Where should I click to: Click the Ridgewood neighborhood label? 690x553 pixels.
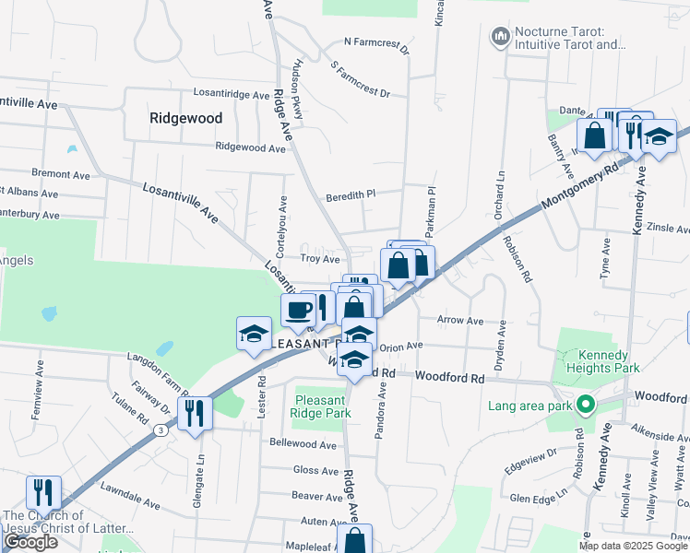[x=185, y=118]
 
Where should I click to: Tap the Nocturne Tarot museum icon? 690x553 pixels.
[x=501, y=36]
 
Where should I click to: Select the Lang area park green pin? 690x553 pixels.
[x=584, y=405]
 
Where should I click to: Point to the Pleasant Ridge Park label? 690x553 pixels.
[x=323, y=406]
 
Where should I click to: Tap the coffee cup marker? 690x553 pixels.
[x=298, y=311]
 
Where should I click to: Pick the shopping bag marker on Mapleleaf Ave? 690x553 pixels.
[x=355, y=540]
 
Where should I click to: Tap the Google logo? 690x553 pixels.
[x=30, y=542]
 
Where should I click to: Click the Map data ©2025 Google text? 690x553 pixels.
[x=633, y=546]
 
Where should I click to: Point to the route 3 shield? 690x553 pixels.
[x=161, y=429]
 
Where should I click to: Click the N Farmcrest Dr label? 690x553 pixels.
[x=375, y=41]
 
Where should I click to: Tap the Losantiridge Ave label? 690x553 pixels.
[x=231, y=93]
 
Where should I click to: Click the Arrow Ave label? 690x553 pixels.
[x=460, y=321]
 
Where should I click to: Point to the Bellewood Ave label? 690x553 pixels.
[x=303, y=443]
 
